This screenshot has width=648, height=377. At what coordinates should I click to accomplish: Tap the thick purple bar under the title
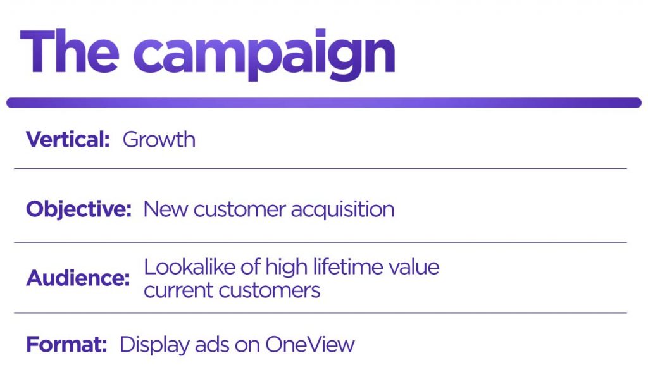coord(323,102)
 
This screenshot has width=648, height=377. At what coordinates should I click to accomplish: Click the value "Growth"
coord(159,139)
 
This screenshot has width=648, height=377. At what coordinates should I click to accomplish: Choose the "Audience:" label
coord(78,278)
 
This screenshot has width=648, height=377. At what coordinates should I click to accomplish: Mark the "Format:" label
coord(66,345)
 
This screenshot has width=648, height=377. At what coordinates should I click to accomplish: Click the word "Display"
coord(151,345)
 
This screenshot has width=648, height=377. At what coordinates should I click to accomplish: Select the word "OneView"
coord(310,345)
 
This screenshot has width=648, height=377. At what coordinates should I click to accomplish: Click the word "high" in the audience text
coord(290,267)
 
